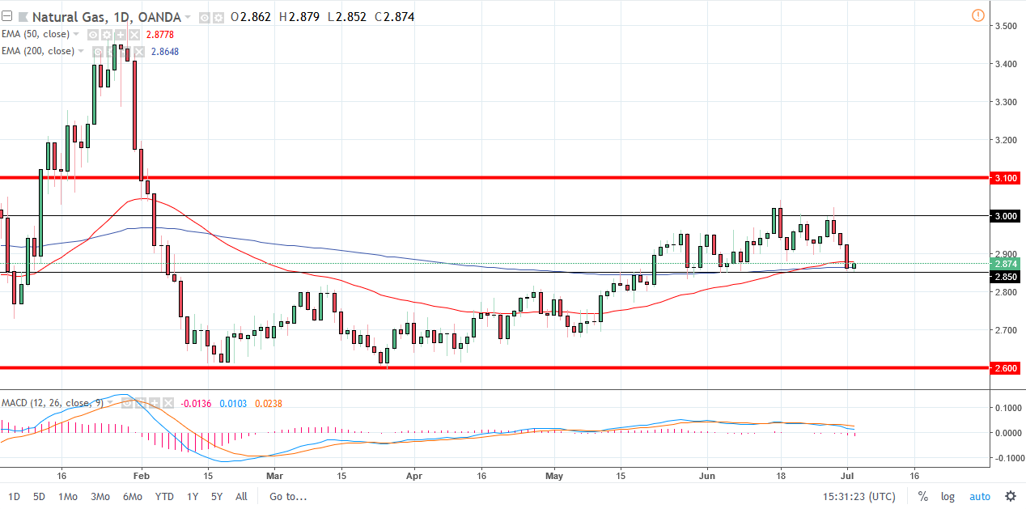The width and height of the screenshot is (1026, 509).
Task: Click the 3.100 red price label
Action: pos(1006,177)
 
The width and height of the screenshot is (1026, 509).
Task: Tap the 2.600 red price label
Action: pos(1006,368)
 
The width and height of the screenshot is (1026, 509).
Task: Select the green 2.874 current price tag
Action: pos(1006,264)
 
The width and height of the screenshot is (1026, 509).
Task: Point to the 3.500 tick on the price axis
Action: pos(1006,26)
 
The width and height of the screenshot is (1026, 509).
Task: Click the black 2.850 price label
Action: pos(1006,277)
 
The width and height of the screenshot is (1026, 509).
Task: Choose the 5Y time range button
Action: pos(217,496)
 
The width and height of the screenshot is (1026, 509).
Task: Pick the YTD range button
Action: pos(164,496)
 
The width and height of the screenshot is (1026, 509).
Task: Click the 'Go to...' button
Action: pos(289,496)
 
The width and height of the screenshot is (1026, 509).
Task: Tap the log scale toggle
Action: pos(948,496)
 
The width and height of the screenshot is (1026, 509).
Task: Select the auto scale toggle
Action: pos(980,496)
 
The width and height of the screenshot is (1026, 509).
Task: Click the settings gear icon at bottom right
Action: pos(1011,496)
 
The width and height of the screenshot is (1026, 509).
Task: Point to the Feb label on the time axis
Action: pos(141,477)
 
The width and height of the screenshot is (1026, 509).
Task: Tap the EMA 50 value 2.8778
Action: pos(159,34)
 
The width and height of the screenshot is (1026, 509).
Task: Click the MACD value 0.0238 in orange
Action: pos(268,403)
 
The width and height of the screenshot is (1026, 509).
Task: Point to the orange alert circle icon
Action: pos(977,15)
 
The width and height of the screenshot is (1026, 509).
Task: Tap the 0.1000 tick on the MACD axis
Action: pos(1006,407)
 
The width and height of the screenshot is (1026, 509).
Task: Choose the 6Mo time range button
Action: pos(133,496)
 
